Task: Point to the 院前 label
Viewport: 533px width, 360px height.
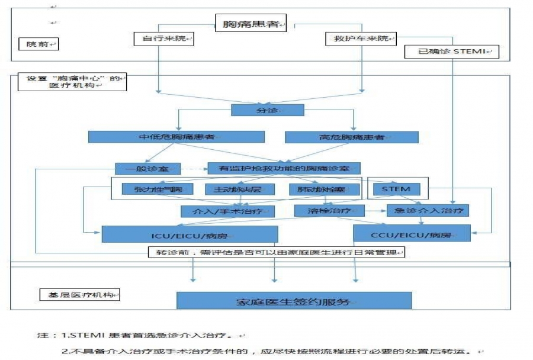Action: [39, 44]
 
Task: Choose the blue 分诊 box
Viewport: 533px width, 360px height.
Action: [267, 110]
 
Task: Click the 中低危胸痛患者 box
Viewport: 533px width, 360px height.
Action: [176, 137]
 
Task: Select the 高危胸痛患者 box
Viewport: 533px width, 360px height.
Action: [352, 137]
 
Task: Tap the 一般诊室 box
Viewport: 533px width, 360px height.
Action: [148, 168]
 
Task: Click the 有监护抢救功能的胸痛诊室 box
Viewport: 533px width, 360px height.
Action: [284, 168]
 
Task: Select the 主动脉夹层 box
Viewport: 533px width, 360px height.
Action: [233, 189]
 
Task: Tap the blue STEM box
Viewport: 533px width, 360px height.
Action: [396, 189]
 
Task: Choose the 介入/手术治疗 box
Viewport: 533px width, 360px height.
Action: [219, 210]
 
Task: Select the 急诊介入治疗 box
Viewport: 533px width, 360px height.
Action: [428, 210]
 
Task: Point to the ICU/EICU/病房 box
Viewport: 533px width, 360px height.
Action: [190, 234]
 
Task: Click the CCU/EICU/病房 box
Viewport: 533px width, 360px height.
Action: [412, 234]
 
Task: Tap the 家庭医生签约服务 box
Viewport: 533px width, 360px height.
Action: [294, 300]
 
